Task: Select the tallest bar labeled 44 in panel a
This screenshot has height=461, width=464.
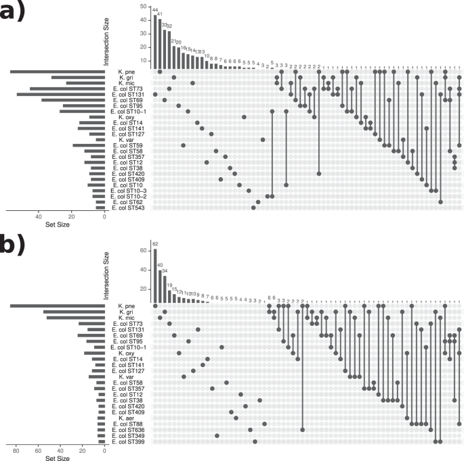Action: [154, 41]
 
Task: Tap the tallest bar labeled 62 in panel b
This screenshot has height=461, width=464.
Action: [154, 276]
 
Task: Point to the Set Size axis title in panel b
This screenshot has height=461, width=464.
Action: [58, 458]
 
